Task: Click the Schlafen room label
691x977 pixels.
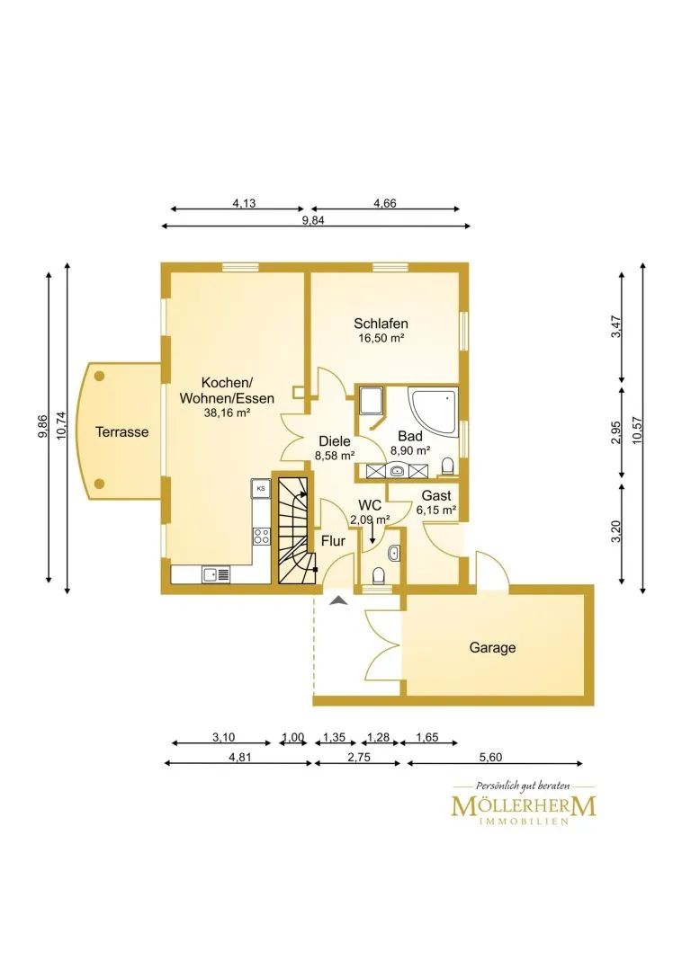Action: (x=381, y=324)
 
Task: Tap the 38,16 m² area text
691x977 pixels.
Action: (x=227, y=412)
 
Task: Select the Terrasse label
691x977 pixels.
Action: (x=121, y=431)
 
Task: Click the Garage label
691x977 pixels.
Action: (x=492, y=648)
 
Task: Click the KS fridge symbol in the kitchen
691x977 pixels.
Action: (x=261, y=489)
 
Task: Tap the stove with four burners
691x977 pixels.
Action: (x=261, y=536)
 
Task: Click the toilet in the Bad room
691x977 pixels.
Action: (x=447, y=466)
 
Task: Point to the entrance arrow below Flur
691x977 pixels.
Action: (x=337, y=600)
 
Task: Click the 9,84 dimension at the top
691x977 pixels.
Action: (x=313, y=220)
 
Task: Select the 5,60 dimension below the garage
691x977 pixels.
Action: (x=491, y=758)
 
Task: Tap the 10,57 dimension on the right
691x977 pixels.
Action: (x=637, y=430)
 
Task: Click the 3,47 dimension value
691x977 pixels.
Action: (x=616, y=327)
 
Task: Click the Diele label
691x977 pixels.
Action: (x=335, y=441)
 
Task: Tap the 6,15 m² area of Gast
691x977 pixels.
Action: (x=436, y=510)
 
